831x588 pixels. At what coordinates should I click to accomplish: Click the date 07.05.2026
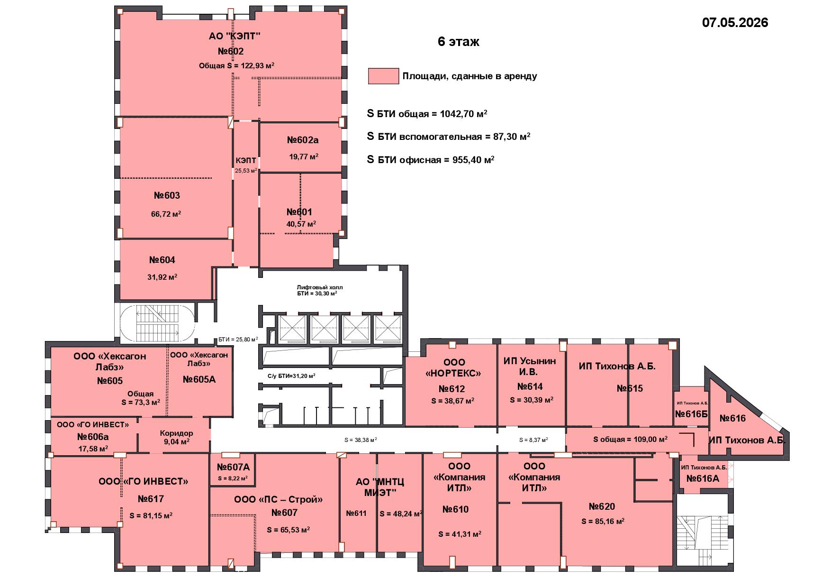pos(735,22)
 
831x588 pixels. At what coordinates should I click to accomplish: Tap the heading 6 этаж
pos(458,42)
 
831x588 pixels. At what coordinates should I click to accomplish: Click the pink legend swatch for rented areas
pos(383,76)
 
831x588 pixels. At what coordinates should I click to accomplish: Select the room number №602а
pos(303,140)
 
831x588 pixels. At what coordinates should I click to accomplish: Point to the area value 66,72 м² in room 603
pos(166,214)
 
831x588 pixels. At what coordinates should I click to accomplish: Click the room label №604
pos(162,260)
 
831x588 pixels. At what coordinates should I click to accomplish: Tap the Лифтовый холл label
pos(320,287)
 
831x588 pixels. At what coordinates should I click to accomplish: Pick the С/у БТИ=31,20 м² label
pos(292,376)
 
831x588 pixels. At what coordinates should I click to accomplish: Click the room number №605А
pos(199,379)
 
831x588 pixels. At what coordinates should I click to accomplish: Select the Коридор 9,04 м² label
pos(176,437)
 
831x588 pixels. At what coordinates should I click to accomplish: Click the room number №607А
pos(233,467)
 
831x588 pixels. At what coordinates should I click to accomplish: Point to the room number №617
pos(151,499)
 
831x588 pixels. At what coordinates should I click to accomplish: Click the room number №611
pos(356,513)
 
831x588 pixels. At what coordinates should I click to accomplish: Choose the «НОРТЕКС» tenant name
pos(453,373)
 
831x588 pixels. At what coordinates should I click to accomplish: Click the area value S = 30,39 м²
pos(532,400)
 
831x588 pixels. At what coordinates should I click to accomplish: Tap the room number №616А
pos(703,479)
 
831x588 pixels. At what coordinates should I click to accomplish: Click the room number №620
pos(602,507)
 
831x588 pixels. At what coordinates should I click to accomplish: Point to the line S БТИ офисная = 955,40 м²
pos(431,160)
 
